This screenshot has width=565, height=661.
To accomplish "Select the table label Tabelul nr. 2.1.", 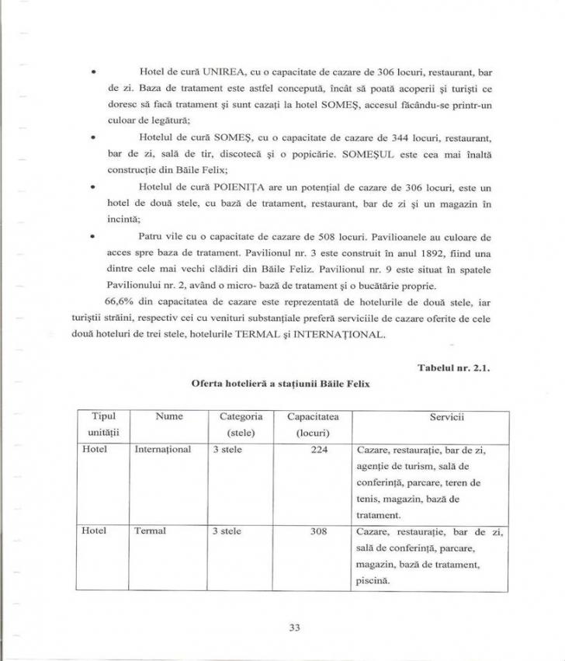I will [x=466, y=367].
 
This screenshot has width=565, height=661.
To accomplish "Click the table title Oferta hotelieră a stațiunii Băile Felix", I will [x=282, y=384].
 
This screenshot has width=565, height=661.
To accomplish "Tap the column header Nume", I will [x=168, y=417].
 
